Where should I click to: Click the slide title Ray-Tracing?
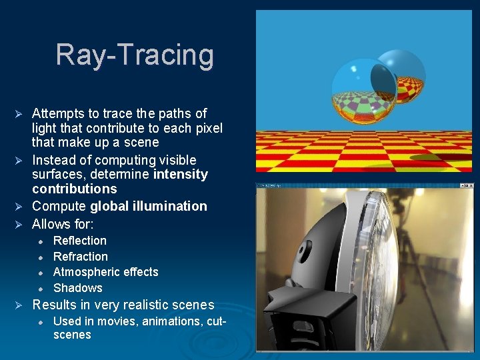pyautogui.click(x=135, y=55)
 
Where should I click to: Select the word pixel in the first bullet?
pyautogui.click(x=206, y=128)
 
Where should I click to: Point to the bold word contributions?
pyautogui.click(x=74, y=189)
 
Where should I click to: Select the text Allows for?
pyautogui.click(x=63, y=224)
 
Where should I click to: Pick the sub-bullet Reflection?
pyautogui.click(x=79, y=241)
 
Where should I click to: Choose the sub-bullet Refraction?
pyautogui.click(x=80, y=257)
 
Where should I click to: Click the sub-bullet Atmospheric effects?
pyautogui.click(x=105, y=272)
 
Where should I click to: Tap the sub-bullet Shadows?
pyautogui.click(x=77, y=288)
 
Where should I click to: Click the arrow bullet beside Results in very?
pyautogui.click(x=19, y=305)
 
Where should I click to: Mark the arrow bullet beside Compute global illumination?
pyautogui.click(x=19, y=207)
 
